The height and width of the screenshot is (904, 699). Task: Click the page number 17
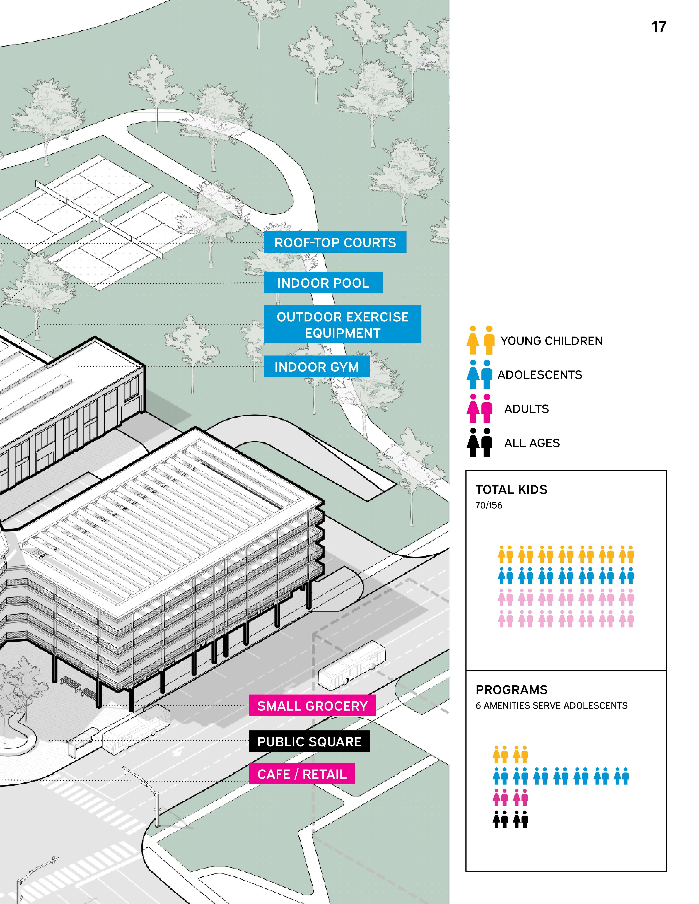658,27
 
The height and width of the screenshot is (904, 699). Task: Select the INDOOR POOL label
323,283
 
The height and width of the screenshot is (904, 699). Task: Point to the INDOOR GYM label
316,367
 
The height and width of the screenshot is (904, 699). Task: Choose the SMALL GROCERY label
312,706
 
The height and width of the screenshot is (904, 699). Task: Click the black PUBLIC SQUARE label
309,741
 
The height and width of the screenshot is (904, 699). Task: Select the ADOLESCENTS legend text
540,375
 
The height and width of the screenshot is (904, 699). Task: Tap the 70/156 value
489,505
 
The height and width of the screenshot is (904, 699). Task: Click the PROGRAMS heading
511,690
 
